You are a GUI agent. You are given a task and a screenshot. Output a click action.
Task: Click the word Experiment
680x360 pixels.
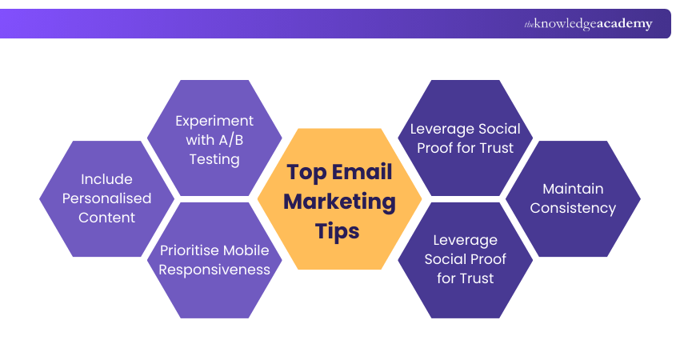pos(214,121)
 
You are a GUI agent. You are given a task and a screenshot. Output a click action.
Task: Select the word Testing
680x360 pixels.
pos(214,159)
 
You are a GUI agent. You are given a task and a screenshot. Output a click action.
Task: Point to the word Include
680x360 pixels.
pos(106,179)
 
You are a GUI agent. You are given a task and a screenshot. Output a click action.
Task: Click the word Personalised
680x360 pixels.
pos(106,198)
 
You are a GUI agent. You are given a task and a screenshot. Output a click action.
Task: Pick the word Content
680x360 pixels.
pos(106,218)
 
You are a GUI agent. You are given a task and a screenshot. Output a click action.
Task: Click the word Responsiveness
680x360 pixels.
pos(214,270)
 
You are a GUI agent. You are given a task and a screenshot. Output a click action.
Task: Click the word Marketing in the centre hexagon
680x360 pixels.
pos(339,201)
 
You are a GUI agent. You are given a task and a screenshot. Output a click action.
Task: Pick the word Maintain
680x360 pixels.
pos(573,189)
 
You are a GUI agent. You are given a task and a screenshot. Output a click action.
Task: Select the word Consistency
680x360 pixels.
pos(573,208)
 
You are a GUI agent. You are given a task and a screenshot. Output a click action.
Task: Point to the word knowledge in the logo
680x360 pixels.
pos(565,24)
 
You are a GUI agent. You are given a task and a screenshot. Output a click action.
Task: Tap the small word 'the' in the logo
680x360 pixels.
pos(529,25)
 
